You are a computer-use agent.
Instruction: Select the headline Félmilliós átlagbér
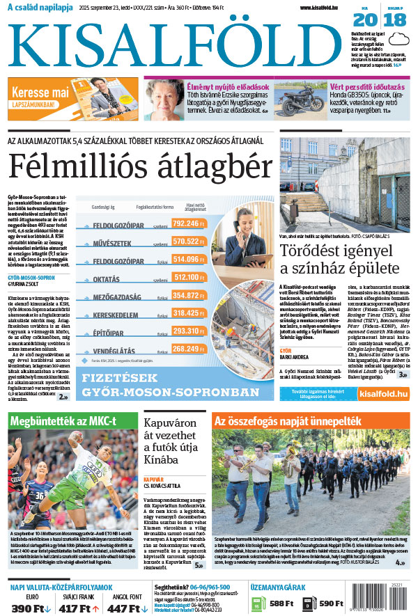[x=139, y=166]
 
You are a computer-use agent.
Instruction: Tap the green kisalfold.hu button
[x=385, y=395]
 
